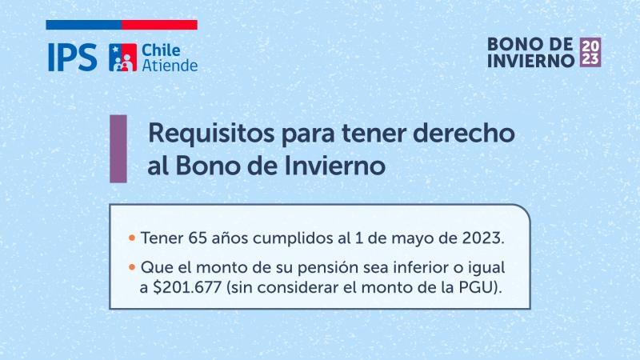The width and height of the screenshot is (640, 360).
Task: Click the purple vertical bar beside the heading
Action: tap(118, 148)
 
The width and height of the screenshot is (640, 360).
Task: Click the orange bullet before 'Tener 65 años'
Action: tap(131, 238)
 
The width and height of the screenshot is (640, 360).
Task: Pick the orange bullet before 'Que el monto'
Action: tap(131, 266)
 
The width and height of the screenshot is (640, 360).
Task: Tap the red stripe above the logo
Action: tap(160, 25)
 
